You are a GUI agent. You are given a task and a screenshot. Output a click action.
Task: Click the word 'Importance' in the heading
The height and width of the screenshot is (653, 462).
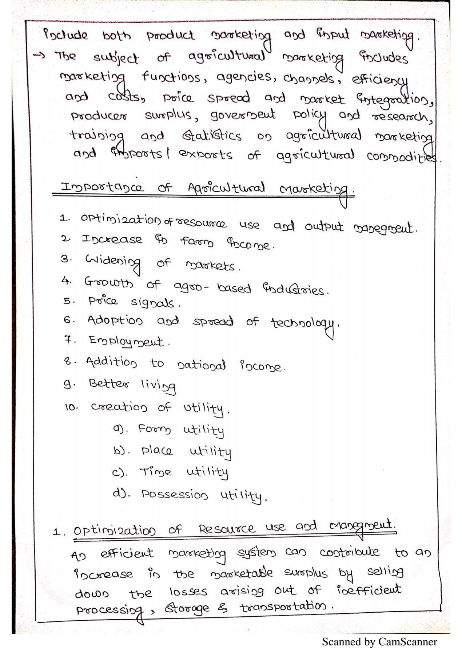102,188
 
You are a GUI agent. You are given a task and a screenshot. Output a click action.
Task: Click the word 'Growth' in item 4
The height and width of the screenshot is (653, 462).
108,282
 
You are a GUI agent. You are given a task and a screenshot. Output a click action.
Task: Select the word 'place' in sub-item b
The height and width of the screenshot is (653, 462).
157,451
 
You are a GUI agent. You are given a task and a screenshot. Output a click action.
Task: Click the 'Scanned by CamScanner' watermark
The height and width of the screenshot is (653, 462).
379,642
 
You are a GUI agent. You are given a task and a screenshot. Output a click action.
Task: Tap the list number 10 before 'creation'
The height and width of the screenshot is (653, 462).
71,407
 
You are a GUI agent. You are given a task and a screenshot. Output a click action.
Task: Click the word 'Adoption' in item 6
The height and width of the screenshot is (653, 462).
115,321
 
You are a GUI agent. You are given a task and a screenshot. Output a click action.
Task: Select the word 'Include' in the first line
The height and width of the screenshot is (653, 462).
65,35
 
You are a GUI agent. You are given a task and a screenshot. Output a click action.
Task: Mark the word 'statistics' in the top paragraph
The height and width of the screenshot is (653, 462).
211,136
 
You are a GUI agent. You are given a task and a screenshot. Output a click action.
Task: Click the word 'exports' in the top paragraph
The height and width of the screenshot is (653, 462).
206,155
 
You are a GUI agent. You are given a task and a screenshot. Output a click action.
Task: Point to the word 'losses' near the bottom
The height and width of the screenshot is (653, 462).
188,592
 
